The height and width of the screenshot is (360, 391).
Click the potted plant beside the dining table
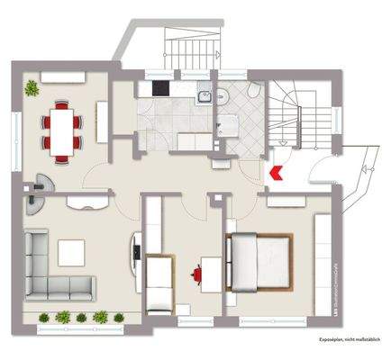point(33,87)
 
